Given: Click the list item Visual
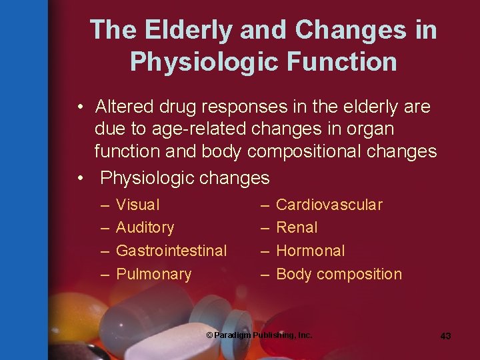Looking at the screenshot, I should [x=138, y=205].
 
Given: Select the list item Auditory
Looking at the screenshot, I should [x=145, y=227].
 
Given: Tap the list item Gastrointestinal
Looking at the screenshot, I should [x=171, y=251].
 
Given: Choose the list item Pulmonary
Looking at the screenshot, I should [x=153, y=274].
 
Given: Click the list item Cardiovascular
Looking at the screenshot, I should [x=329, y=205].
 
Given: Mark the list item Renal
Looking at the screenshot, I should [x=297, y=227].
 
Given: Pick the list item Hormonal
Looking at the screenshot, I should [x=310, y=251].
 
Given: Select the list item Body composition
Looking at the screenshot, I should [x=339, y=274].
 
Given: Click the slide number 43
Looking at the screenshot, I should [x=445, y=336].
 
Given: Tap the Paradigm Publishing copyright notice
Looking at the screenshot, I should [x=259, y=335].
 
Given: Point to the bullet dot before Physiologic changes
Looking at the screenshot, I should [x=81, y=179].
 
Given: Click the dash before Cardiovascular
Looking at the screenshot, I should [x=265, y=205].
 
